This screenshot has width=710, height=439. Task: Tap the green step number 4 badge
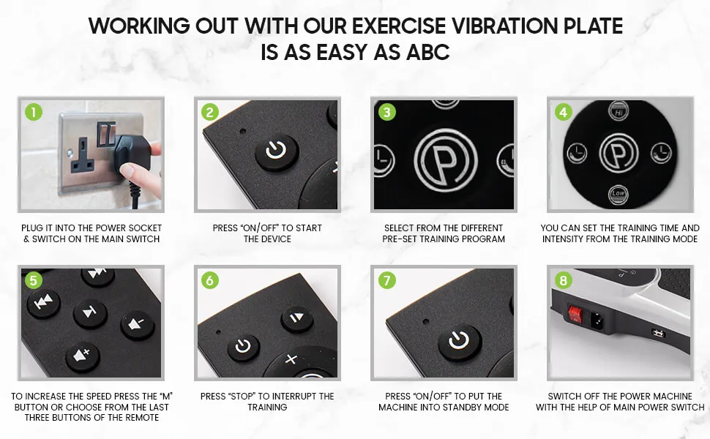click(x=563, y=112)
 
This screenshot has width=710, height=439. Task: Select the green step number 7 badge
click(x=386, y=280)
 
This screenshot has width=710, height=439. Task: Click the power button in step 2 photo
click(x=276, y=151)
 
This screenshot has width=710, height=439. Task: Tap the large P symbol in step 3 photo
click(x=444, y=156)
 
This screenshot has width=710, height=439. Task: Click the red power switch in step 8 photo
click(x=575, y=315)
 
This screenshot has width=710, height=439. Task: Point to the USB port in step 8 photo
click(x=657, y=333)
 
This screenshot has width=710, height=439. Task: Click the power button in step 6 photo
click(x=243, y=347)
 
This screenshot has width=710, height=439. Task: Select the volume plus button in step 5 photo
click(x=81, y=357)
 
